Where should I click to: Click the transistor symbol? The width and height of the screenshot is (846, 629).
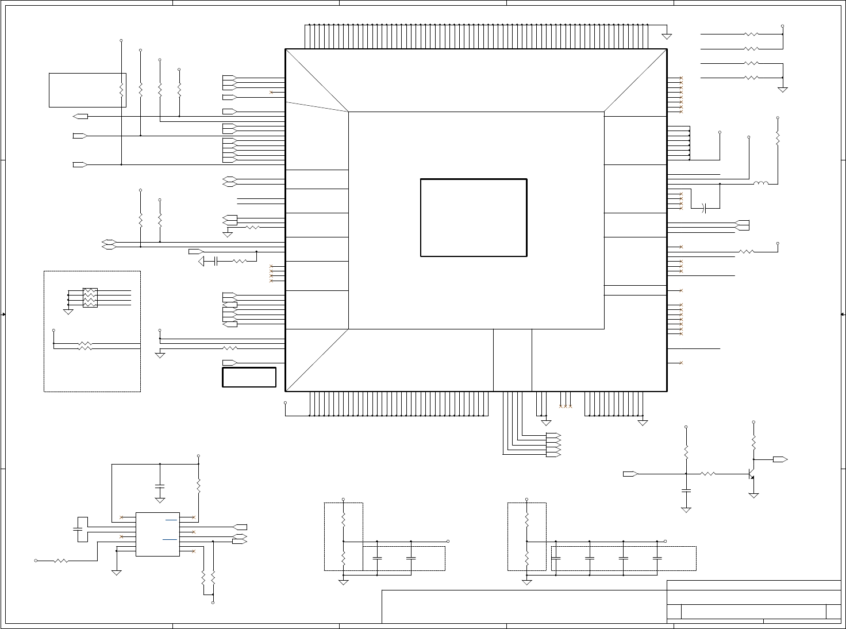pos(751,474)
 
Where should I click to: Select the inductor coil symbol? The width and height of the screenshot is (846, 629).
pos(760,184)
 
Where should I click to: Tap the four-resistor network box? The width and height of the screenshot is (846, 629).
pos(90,298)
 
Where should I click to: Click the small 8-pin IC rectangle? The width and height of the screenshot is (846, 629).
pos(157,534)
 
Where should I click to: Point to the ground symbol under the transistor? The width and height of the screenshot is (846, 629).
pos(753,495)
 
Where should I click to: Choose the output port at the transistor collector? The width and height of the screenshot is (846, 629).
pos(780,459)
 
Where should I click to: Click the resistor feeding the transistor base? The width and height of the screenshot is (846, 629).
pos(708,474)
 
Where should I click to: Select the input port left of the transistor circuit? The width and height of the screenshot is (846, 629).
pos(630,474)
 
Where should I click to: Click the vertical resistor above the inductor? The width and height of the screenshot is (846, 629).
pos(778,139)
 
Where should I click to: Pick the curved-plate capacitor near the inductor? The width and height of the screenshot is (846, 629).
pos(705,208)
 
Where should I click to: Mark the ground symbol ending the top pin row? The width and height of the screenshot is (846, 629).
pos(667,37)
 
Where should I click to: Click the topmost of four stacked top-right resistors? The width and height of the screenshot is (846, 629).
pos(751,34)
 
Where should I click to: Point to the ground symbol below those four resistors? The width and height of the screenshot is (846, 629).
pos(782,89)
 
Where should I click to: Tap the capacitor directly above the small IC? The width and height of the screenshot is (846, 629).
pos(160,488)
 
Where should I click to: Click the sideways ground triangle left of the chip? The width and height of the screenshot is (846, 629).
pos(202,262)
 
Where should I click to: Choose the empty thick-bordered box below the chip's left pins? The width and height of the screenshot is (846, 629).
pos(249,377)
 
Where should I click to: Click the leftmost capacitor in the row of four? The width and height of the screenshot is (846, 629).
pos(556,558)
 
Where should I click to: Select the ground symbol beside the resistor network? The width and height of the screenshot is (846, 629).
pos(68,312)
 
